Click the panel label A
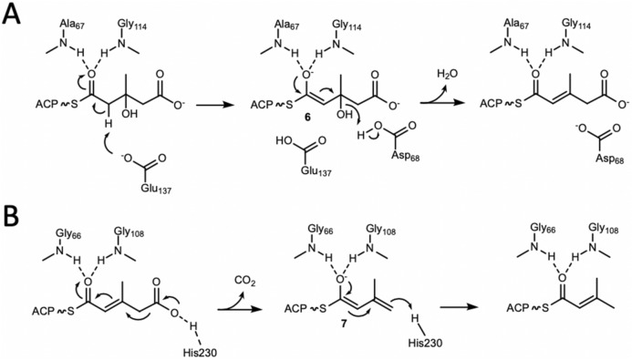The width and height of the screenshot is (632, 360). (x=12, y=15)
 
